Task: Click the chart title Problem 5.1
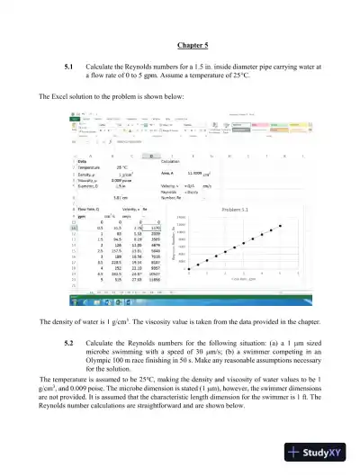pos(238,208)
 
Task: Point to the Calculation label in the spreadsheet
pos(170,161)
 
